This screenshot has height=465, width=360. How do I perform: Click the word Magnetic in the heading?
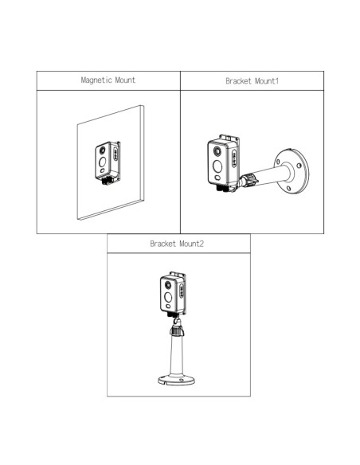point(96,80)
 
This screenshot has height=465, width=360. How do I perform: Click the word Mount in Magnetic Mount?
point(125,80)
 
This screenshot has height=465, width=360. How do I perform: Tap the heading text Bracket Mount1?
point(252,81)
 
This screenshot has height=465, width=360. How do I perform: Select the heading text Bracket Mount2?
point(177,244)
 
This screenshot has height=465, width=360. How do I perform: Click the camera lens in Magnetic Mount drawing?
point(102,150)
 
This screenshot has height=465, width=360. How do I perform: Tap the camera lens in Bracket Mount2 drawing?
point(168,285)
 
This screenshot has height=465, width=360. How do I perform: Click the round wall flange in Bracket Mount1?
point(292,171)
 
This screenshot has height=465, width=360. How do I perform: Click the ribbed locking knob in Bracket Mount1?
point(248,180)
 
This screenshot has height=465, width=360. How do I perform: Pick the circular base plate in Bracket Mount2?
point(176,380)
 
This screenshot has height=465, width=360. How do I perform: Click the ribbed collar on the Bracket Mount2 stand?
point(177,330)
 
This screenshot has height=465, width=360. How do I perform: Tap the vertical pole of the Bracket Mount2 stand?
point(177,356)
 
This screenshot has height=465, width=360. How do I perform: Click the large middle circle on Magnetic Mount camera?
point(102,162)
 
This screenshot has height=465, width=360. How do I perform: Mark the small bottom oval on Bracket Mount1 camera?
point(218,178)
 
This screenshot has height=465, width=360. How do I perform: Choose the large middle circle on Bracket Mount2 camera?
point(168,297)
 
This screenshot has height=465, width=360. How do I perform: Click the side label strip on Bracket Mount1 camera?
point(234,158)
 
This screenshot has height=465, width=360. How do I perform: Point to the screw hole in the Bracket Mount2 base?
point(181,380)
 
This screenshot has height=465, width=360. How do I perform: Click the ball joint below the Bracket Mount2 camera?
point(177,321)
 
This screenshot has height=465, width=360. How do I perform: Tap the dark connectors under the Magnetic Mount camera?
point(108,181)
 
